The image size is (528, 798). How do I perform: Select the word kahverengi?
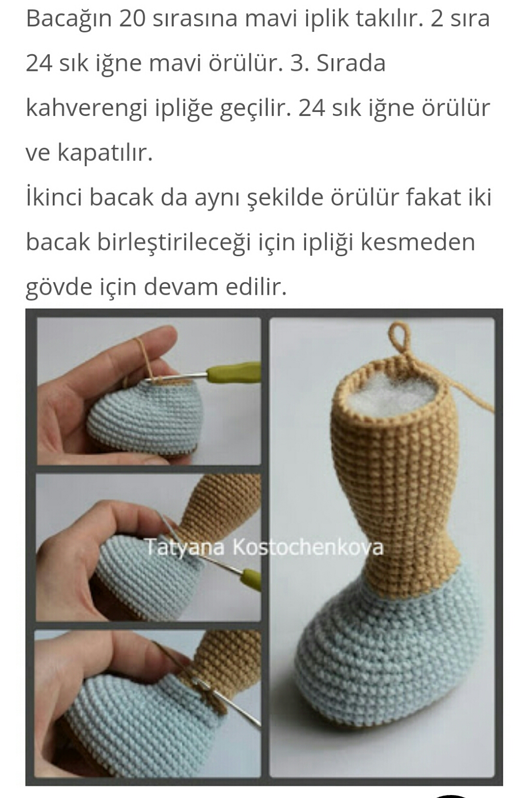[87, 109]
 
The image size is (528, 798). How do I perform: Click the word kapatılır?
[105, 153]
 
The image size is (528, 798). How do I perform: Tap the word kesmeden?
[418, 242]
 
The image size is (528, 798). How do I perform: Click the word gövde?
[59, 287]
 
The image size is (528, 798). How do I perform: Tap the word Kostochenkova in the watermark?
[308, 547]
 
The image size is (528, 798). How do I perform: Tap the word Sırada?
[351, 63]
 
